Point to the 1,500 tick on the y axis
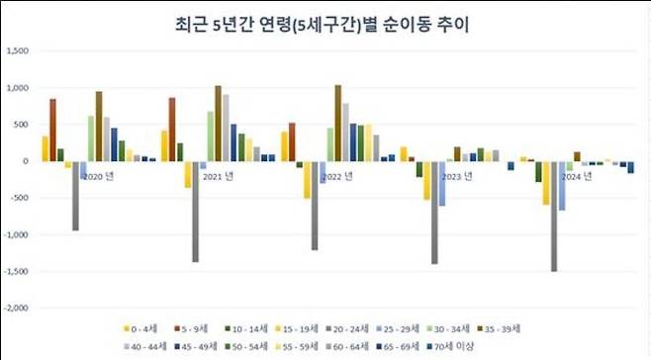tap(19, 51)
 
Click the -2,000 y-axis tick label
tap(18, 308)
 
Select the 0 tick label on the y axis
tap(28, 161)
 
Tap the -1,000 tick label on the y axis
tap(18, 234)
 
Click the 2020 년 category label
tap(98, 176)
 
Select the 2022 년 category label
tap(336, 176)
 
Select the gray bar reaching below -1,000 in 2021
tap(196, 212)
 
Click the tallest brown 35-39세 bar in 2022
tap(338, 123)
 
